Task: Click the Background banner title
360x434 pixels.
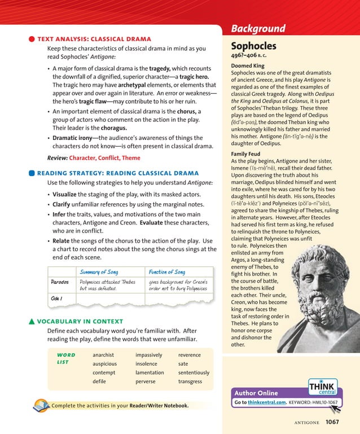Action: click(258, 29)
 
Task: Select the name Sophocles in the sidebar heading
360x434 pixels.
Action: click(254, 46)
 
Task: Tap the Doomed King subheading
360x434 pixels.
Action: click(248, 66)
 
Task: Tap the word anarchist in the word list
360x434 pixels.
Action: click(103, 355)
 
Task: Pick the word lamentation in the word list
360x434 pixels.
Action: click(150, 372)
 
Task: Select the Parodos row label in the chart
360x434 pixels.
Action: click(60, 282)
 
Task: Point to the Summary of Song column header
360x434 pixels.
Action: click(99, 272)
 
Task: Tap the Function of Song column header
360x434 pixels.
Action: click(166, 272)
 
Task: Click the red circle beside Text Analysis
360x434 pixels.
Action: click(32, 39)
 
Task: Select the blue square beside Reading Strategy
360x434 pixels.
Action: click(32, 173)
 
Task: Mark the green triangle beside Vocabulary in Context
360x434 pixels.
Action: click(32, 322)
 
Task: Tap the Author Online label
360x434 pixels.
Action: click(256, 393)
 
